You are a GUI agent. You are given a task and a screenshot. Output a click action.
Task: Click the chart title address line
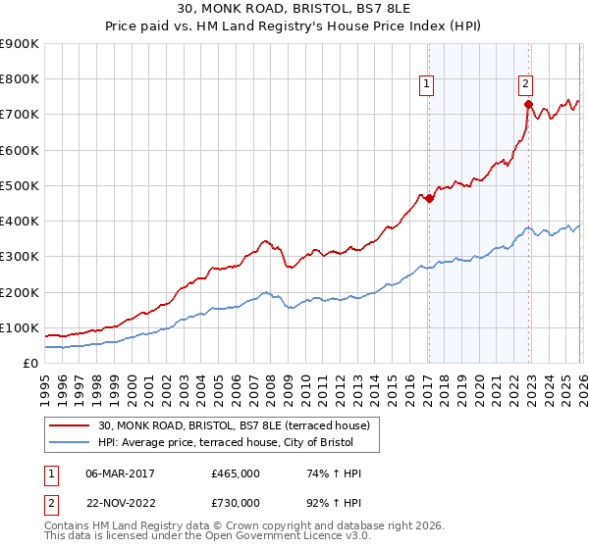[294, 11]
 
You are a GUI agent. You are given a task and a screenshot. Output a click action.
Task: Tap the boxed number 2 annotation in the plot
[526, 84]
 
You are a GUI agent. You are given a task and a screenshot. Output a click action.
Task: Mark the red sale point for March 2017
[429, 198]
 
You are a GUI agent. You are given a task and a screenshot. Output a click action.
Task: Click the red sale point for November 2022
[528, 103]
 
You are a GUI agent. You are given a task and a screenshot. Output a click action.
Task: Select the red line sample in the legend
[71, 425]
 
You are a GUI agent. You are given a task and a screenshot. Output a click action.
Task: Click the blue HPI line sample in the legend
[71, 442]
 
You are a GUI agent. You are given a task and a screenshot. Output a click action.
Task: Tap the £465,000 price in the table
[236, 474]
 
